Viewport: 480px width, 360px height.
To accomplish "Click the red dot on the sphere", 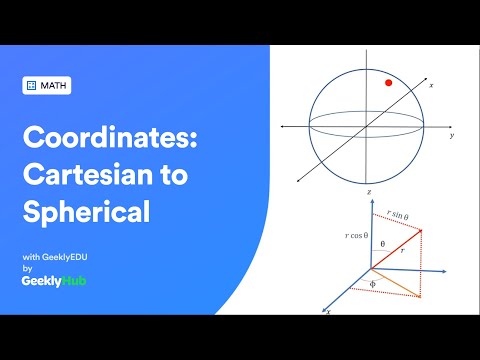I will click(388, 83).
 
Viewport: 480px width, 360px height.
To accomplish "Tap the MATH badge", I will click(46, 86).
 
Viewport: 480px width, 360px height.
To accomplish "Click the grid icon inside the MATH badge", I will click(31, 86).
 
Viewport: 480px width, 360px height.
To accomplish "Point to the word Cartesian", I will click(95, 176).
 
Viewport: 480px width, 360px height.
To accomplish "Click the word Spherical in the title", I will click(87, 212).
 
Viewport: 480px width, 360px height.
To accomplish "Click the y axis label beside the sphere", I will click(452, 135).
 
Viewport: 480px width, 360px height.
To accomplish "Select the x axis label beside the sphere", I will click(431, 87).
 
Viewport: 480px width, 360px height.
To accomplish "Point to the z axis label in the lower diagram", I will click(369, 190).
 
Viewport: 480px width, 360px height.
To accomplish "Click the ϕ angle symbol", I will click(371, 283).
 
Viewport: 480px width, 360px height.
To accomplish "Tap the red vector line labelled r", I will click(396, 249).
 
